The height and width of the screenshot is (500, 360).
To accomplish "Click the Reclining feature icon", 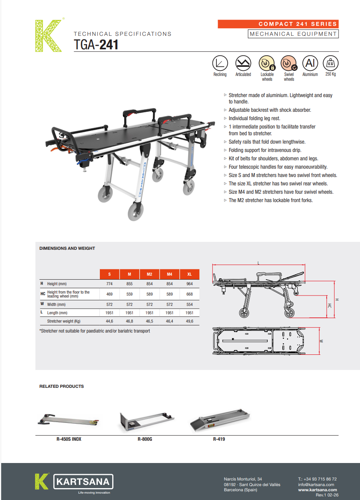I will (220, 63).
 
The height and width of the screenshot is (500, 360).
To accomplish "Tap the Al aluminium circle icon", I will (310, 63).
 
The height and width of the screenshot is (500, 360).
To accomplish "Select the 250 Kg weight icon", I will (331, 63).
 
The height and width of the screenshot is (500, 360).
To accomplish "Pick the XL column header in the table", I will (189, 274).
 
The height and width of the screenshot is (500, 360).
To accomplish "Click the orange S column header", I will (109, 274).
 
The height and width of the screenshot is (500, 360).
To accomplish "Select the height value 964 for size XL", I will (189, 284).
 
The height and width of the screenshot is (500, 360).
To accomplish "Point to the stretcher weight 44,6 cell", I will (109, 321).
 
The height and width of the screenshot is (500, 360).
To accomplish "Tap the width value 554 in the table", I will (189, 304).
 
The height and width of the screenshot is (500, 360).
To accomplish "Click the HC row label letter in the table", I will (43, 294).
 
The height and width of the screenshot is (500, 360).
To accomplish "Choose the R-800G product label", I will (144, 440).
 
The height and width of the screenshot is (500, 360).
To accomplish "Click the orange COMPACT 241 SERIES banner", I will (278, 24).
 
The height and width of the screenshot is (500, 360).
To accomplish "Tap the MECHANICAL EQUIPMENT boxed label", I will (293, 34).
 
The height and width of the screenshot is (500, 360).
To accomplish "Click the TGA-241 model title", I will (96, 45).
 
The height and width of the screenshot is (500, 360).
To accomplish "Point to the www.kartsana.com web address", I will (317, 490).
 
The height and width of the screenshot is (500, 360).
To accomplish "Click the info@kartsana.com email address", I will (315, 484).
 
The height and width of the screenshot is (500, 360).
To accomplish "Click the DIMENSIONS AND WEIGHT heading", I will (67, 248).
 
